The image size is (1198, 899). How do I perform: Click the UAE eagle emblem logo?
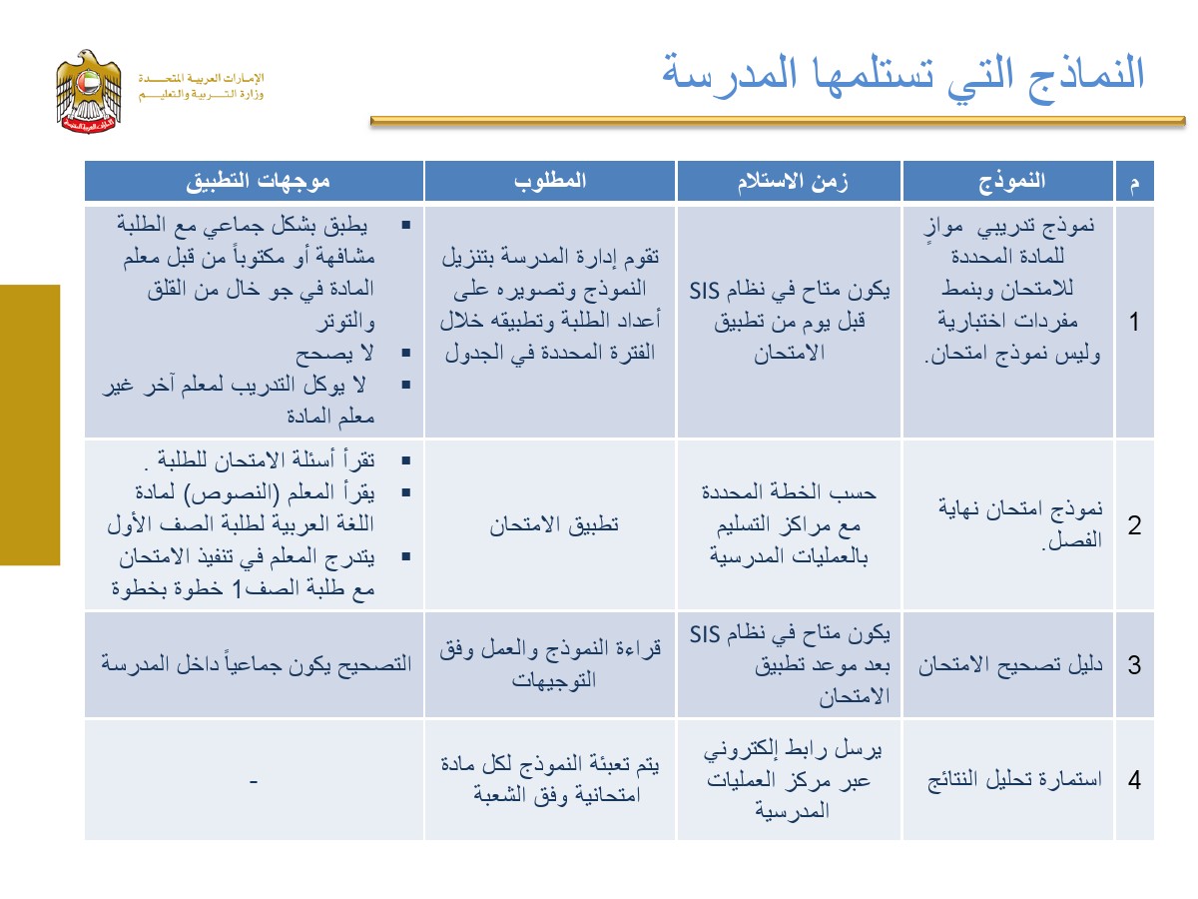pos(89,92)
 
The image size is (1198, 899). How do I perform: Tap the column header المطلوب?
pos(550,181)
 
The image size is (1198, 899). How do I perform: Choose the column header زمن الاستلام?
pos(791,181)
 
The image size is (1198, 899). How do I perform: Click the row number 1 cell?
pos(1133,322)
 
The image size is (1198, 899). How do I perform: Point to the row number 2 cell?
pos(1133,525)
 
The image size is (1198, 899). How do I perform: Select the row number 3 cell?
pos(1133,665)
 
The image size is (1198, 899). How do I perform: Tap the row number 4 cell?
pos(1133,780)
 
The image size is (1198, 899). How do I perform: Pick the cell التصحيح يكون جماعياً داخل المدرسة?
pos(255,665)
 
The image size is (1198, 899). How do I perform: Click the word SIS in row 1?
pos(708,291)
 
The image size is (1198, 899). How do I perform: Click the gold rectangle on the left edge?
pos(30,425)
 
